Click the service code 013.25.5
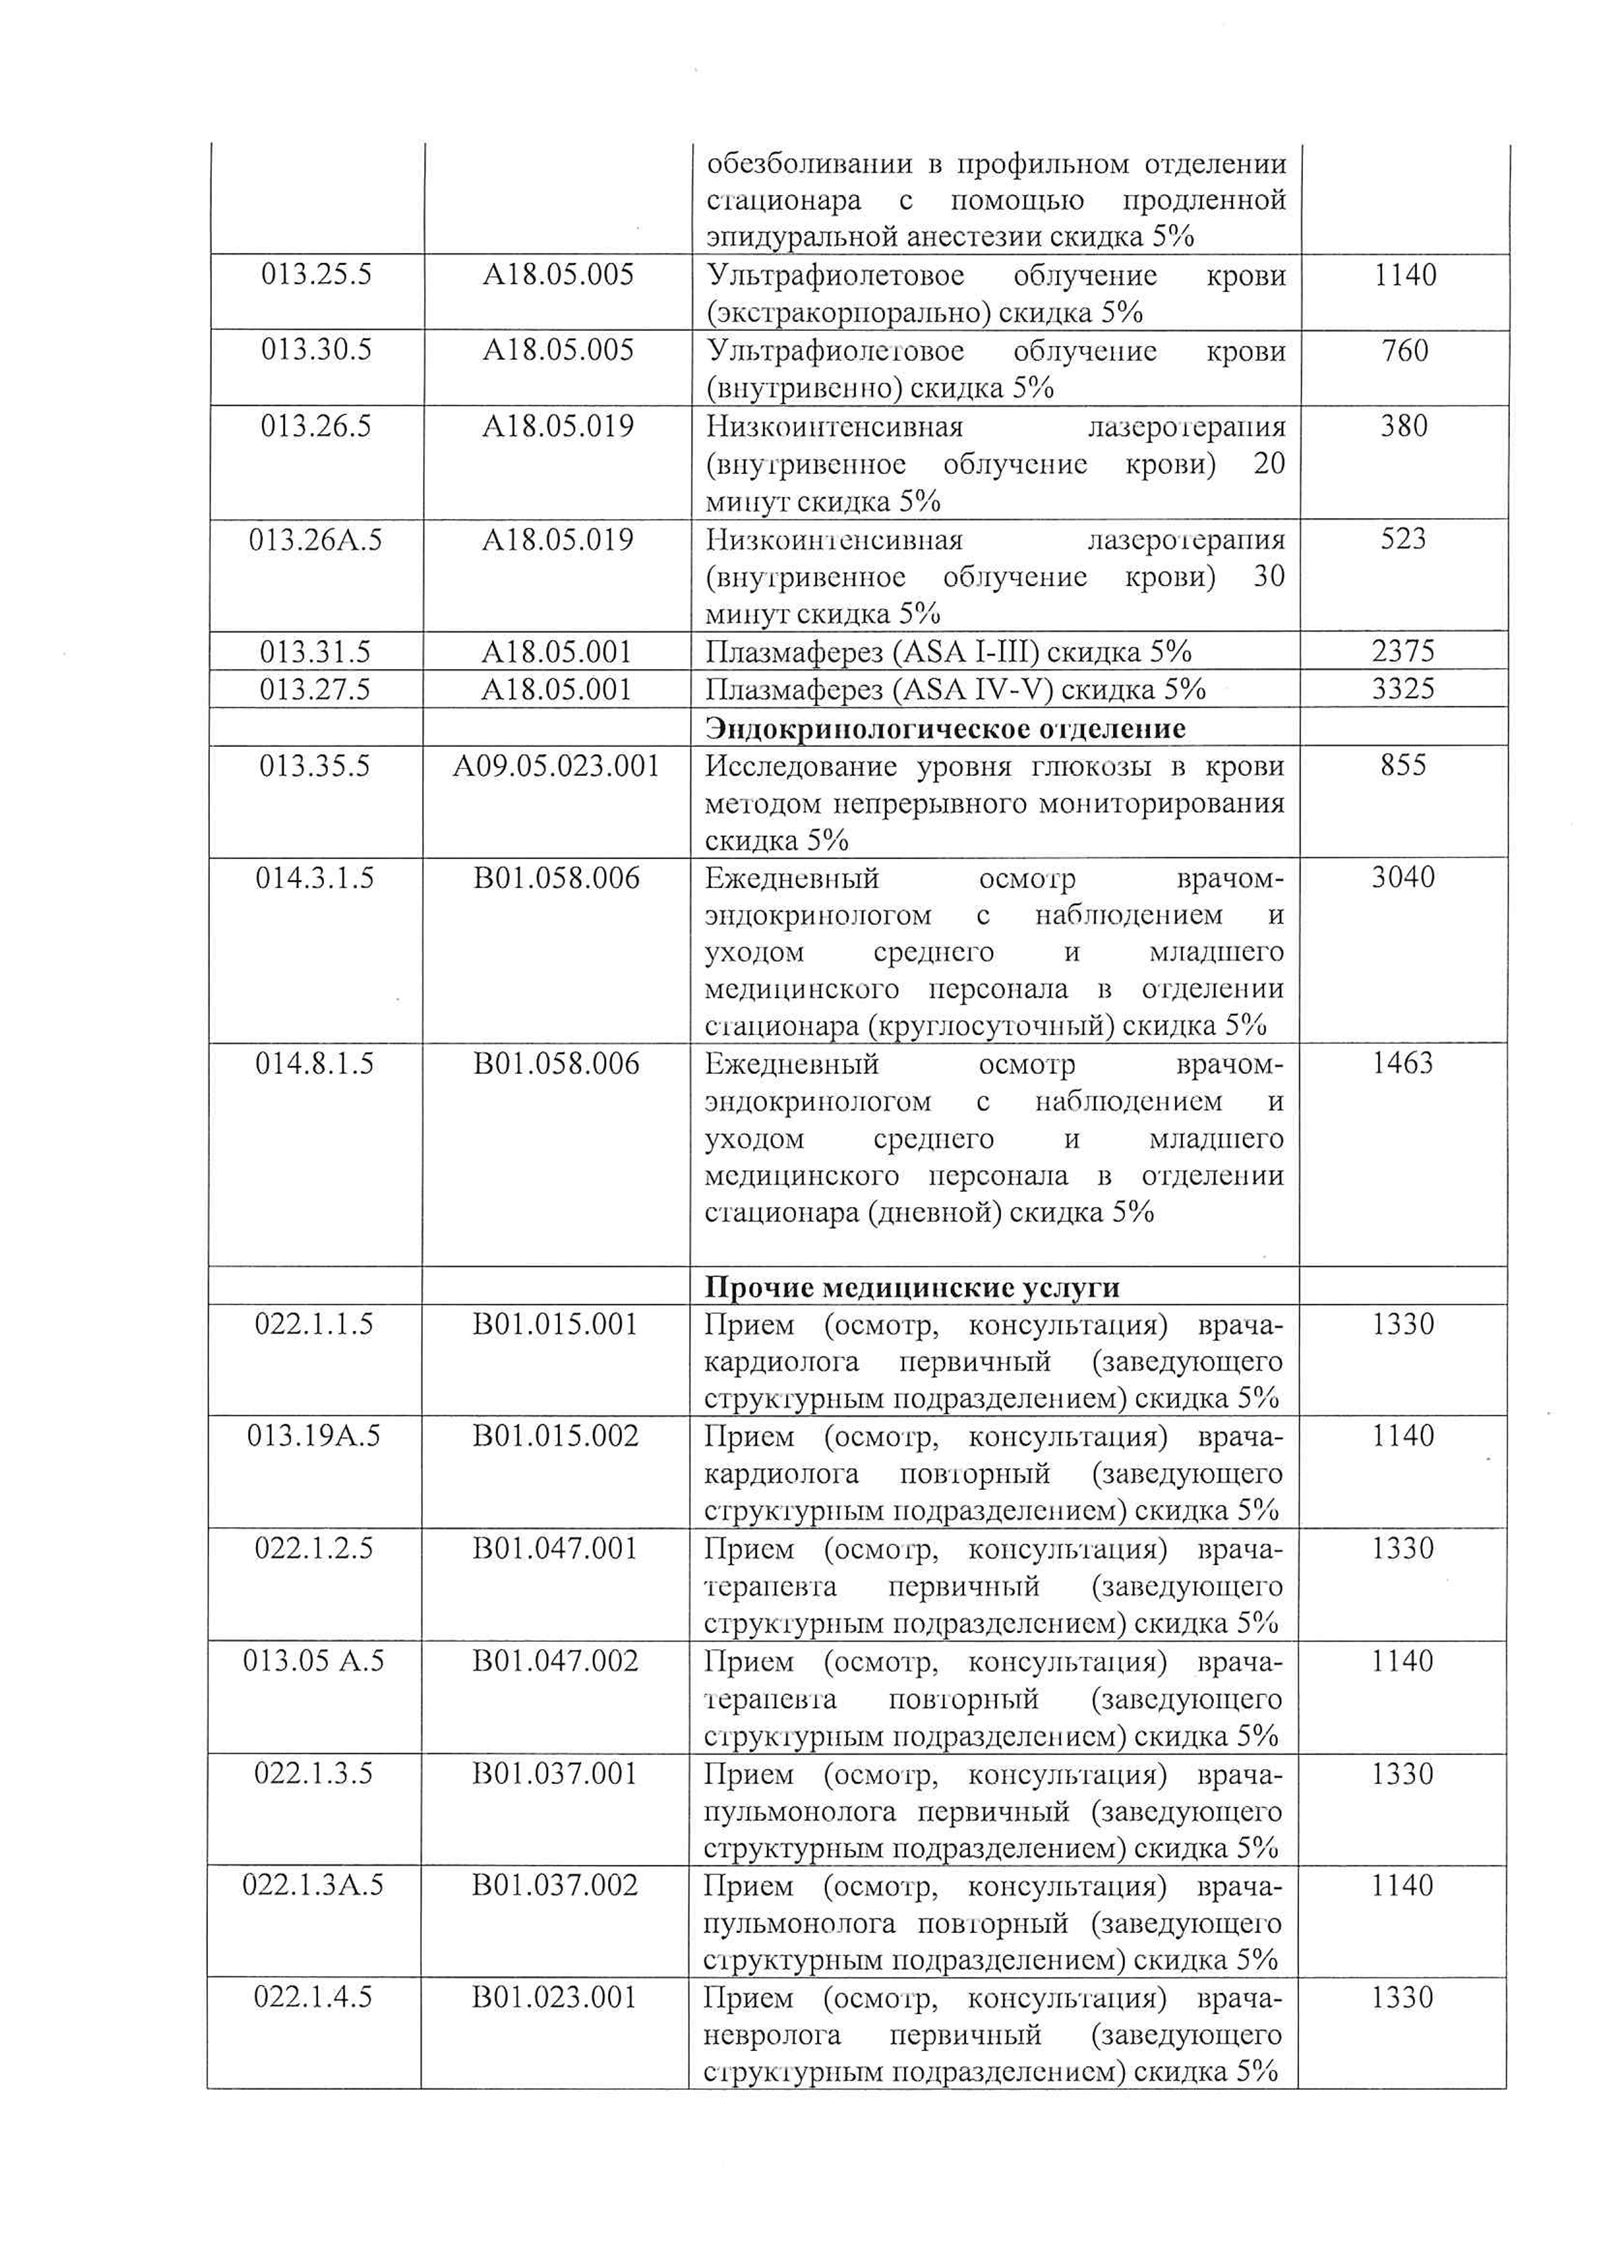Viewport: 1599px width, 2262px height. point(316,275)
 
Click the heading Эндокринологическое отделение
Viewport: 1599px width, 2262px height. point(946,728)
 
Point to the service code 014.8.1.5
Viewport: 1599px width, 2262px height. point(315,1064)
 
